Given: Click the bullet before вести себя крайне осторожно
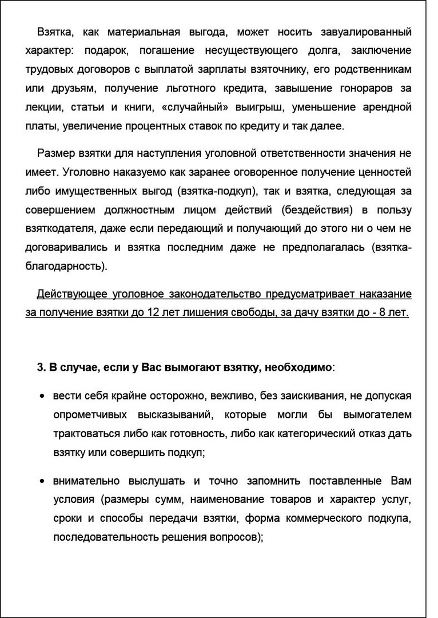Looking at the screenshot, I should [42, 396].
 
